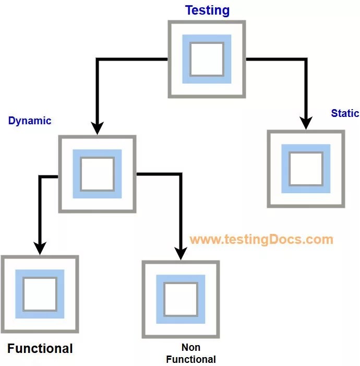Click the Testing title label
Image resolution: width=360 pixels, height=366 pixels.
tap(207, 10)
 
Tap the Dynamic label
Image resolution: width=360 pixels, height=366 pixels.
tap(30, 121)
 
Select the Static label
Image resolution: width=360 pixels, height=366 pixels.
tap(345, 113)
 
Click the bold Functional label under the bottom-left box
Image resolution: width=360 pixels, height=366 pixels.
tap(40, 348)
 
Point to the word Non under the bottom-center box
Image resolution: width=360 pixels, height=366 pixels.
tap(191, 347)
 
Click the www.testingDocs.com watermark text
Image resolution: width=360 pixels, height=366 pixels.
tap(261, 240)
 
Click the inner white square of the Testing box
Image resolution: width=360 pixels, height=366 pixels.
tap(207, 59)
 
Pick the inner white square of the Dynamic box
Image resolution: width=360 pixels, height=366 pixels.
tap(97, 174)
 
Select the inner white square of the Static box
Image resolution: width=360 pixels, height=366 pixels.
tap(306, 169)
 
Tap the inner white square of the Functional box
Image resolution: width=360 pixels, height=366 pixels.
tap(40, 294)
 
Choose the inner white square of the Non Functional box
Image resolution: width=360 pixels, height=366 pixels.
tap(181, 299)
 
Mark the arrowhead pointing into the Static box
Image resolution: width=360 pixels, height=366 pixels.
tap(306, 123)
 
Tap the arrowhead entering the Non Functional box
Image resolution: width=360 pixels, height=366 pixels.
tap(181, 253)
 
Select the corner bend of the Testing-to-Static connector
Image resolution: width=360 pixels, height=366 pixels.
tap(306, 60)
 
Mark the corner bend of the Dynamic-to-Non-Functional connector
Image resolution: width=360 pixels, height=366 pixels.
tap(181, 174)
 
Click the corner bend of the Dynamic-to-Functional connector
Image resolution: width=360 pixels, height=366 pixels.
tap(40, 177)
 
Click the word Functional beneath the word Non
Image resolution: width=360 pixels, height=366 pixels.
tap(191, 359)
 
